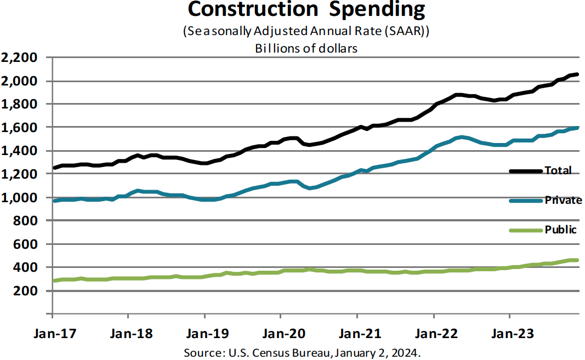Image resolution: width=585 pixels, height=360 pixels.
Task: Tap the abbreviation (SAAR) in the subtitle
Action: click(405, 32)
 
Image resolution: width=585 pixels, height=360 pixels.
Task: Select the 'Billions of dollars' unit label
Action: click(306, 48)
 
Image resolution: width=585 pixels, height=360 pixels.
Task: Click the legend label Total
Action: click(558, 170)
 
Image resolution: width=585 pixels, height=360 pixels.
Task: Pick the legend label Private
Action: click(563, 200)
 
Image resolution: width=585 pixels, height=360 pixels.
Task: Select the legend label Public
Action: click(560, 230)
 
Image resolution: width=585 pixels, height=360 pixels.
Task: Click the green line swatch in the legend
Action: click(525, 230)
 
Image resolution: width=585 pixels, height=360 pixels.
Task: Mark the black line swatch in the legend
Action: click(525, 171)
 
